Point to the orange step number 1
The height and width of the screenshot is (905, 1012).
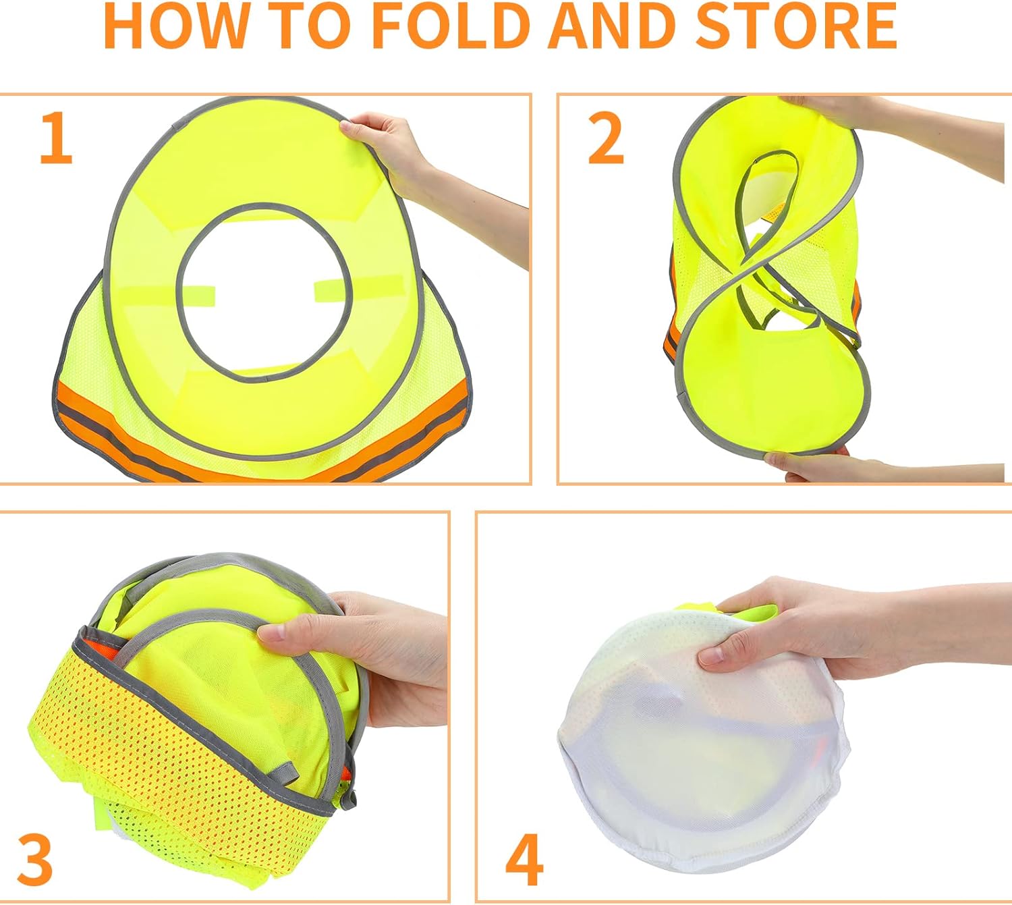click(x=56, y=138)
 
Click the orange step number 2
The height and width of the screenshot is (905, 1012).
click(x=605, y=138)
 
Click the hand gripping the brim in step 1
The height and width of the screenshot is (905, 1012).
click(x=391, y=145)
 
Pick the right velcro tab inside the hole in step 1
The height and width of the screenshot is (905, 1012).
click(x=331, y=290)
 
